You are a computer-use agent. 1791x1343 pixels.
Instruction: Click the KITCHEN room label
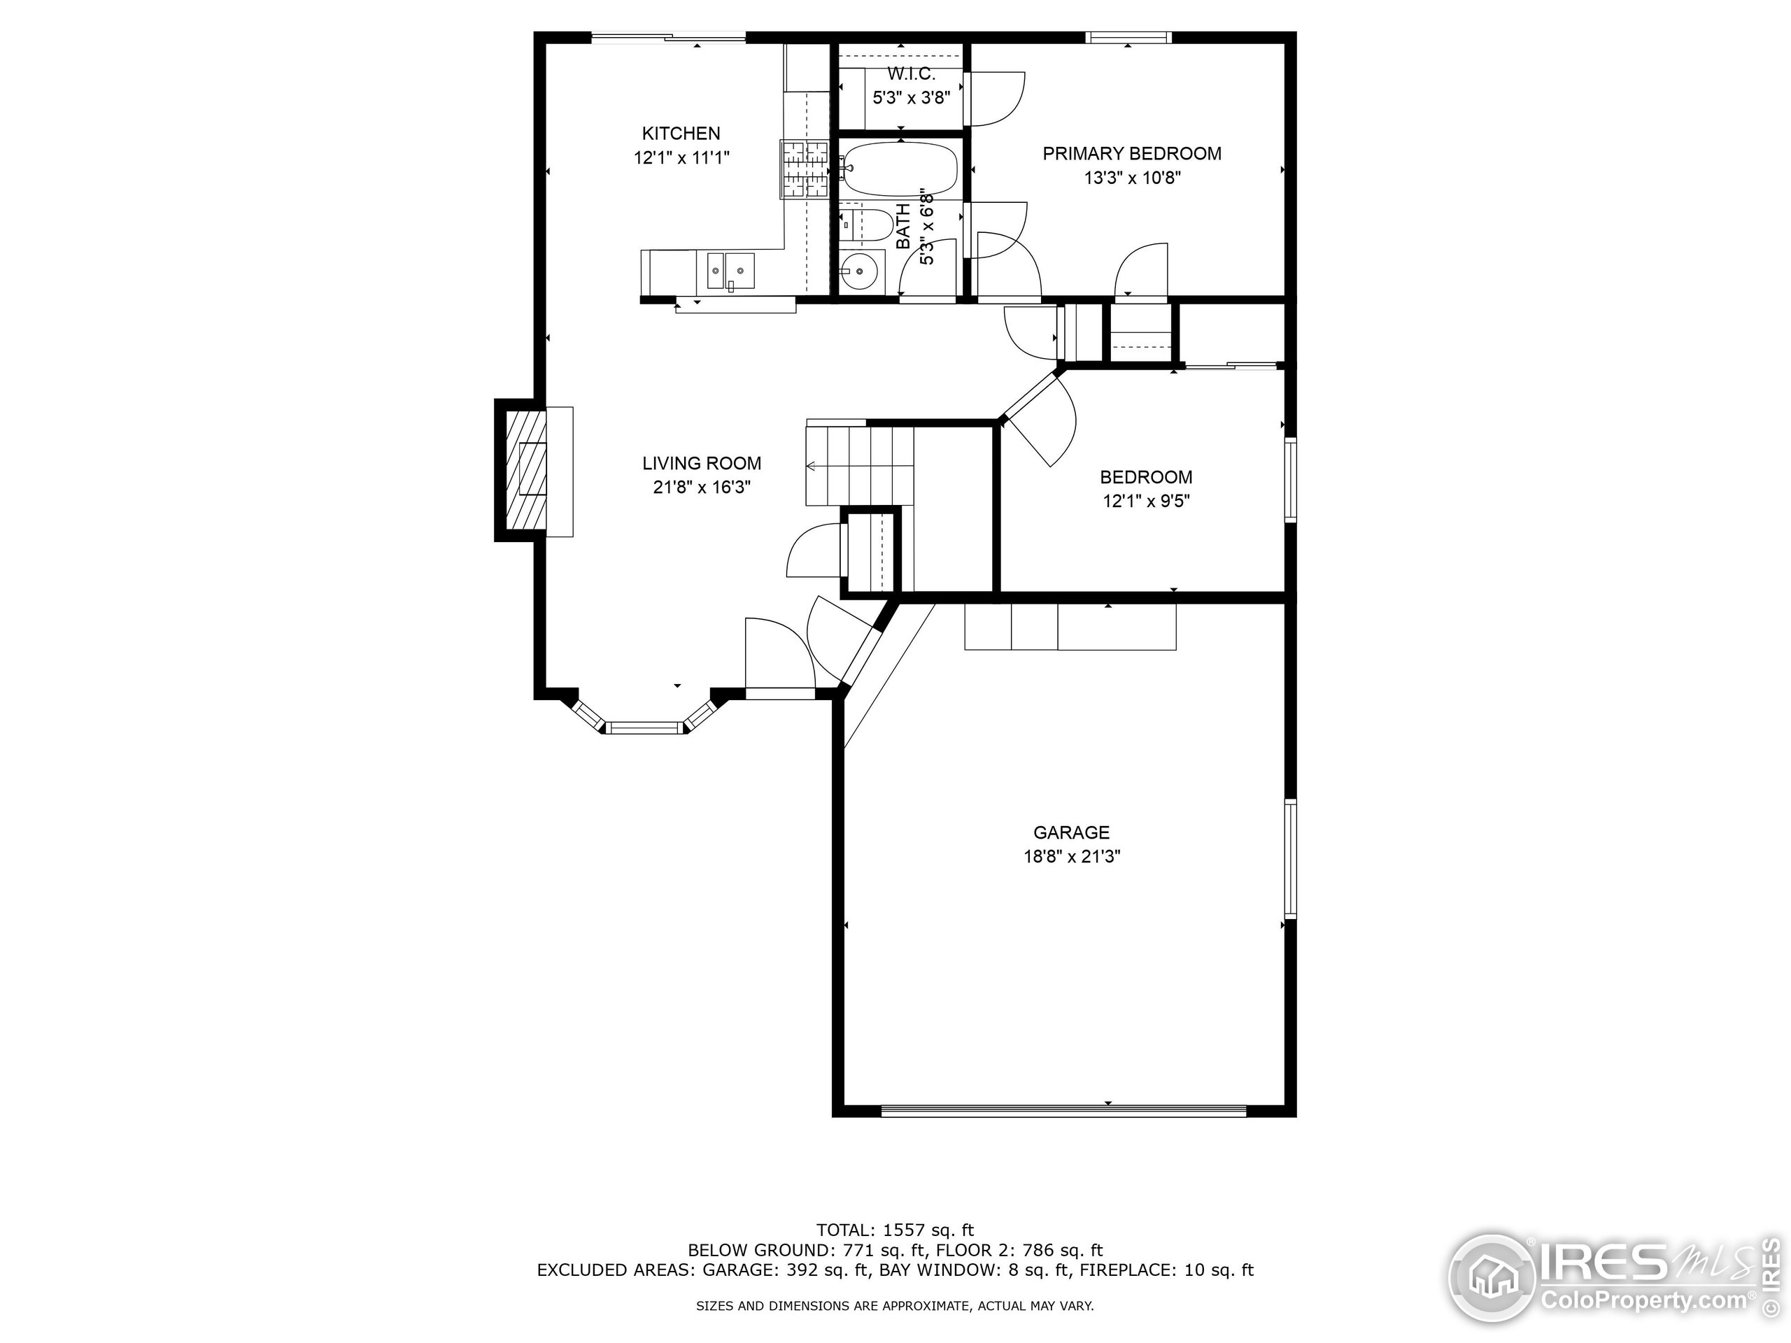point(681,134)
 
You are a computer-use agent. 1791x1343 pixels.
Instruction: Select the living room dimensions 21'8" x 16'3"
point(702,488)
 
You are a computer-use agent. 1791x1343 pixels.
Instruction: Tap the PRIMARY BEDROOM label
point(1131,154)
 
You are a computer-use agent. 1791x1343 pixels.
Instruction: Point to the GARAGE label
point(1071,832)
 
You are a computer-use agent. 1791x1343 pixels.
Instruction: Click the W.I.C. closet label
point(911,74)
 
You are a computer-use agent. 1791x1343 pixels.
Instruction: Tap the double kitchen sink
point(731,271)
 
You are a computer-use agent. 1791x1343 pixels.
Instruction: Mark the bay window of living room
point(645,727)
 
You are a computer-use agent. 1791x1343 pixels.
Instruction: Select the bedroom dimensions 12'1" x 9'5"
point(1146,501)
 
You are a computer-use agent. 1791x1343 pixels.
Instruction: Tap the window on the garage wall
point(1291,858)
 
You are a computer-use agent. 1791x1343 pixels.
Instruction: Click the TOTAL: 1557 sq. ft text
point(895,1230)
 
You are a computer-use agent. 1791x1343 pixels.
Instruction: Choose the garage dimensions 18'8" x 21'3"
point(1071,856)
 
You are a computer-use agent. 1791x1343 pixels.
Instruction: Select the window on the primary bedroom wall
point(1128,37)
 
